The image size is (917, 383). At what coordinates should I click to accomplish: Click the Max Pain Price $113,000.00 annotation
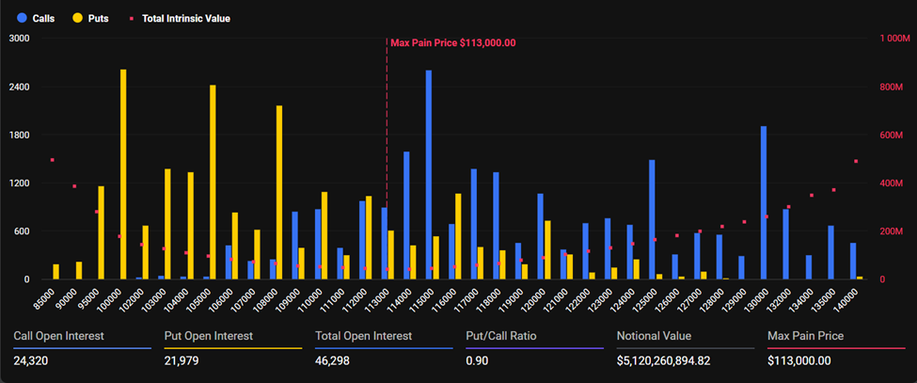tap(452, 43)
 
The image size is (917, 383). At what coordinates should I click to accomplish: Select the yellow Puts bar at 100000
tap(123, 174)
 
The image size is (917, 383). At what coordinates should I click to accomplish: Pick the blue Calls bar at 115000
tap(429, 174)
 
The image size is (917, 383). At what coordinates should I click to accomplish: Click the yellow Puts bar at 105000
tap(213, 182)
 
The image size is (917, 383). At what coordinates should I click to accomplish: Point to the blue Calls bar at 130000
tap(764, 202)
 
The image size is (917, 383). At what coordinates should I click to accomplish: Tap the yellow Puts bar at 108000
tap(279, 192)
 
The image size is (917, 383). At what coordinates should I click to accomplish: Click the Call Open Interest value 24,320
tap(32, 360)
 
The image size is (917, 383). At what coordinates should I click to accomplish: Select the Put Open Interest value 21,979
tap(182, 360)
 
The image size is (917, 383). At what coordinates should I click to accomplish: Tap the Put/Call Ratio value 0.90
tap(478, 360)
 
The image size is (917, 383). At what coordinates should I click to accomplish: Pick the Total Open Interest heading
tap(362, 335)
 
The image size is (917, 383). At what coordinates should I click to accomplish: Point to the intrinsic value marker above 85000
tap(53, 160)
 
